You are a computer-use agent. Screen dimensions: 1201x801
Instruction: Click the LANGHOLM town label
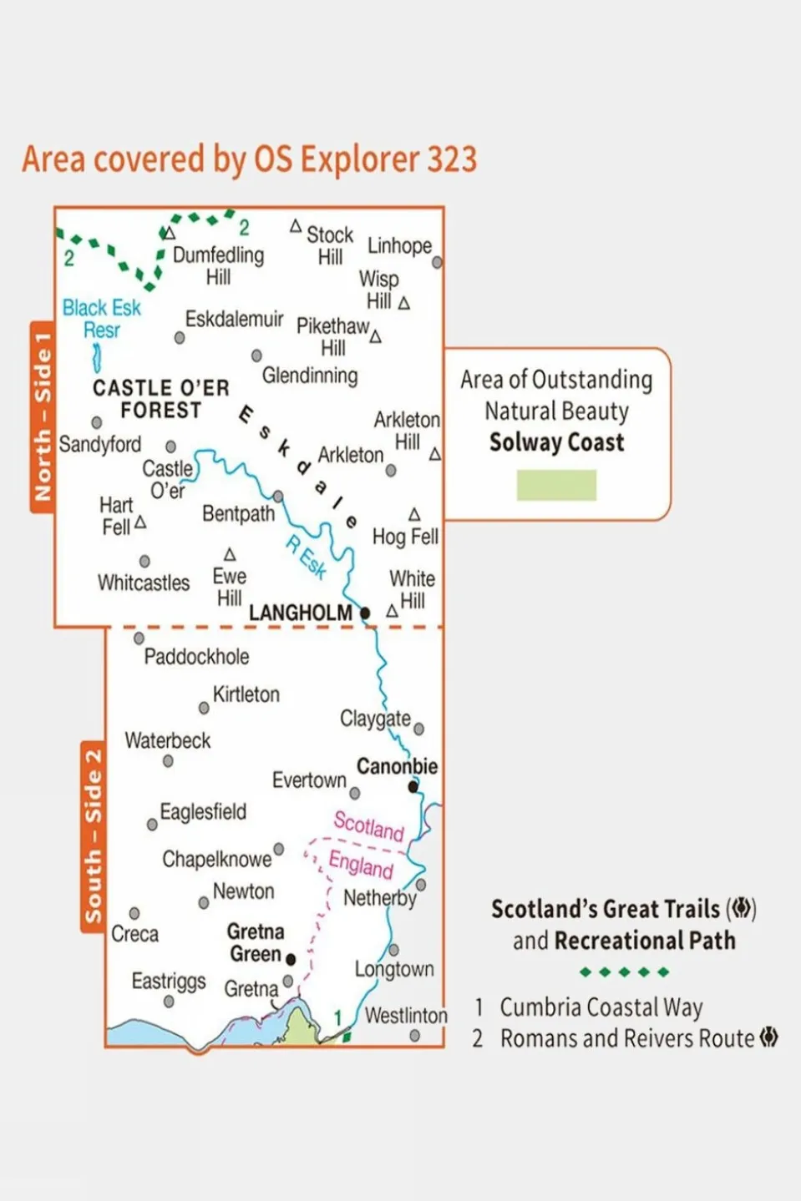(300, 613)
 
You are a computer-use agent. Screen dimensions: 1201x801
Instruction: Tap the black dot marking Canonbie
(413, 786)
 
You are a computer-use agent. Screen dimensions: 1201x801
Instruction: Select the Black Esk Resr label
(101, 319)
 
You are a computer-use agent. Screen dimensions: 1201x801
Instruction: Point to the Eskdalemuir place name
(234, 320)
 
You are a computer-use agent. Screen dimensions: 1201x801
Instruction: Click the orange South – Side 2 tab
(93, 835)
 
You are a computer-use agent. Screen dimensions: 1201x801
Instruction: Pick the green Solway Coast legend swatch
(556, 485)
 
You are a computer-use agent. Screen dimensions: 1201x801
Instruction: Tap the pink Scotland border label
(368, 825)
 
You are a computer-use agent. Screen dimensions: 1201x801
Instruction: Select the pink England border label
(361, 864)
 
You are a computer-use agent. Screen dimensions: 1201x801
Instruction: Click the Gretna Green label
(256, 942)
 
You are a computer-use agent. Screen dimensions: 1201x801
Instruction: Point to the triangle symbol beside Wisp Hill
(404, 303)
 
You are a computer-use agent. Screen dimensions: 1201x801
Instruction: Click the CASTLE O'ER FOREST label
(160, 399)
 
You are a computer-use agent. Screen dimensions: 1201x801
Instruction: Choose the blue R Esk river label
(307, 558)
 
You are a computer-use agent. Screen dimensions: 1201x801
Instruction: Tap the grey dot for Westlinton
(415, 1036)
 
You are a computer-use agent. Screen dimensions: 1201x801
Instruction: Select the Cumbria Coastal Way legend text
(601, 1007)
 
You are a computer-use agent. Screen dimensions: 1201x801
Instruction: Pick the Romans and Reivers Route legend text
(626, 1038)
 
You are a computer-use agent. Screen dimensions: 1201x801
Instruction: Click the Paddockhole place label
(196, 657)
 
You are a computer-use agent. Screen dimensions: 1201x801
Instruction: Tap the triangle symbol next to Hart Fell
(140, 522)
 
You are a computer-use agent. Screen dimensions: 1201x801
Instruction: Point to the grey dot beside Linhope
(437, 262)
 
